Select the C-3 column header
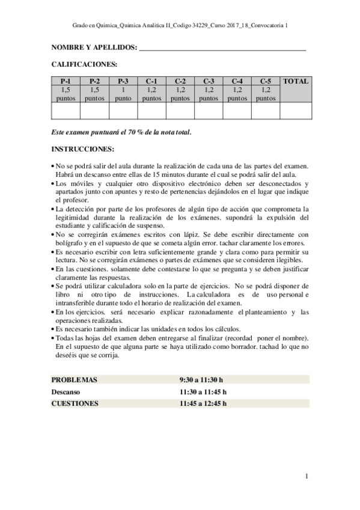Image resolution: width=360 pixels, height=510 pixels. point(209,81)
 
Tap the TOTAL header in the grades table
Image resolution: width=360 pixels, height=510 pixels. point(295,81)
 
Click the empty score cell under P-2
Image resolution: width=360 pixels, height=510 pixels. point(94,111)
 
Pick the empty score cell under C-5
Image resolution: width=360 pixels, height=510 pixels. point(266,111)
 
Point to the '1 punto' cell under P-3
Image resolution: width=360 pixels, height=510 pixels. point(123,93)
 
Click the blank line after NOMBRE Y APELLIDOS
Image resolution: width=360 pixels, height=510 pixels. point(222,48)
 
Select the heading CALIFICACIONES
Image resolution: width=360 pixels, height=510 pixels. point(84,63)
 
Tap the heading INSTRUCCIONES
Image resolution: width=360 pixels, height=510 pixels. point(82,148)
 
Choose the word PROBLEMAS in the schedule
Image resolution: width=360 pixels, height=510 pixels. point(74,380)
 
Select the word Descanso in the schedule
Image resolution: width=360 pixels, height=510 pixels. point(67,392)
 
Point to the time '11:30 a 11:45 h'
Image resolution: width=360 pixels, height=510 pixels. point(203,392)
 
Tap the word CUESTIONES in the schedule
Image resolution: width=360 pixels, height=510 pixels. point(75,404)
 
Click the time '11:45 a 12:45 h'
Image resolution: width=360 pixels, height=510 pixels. point(203,404)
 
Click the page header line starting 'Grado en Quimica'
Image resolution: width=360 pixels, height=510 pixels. point(180,26)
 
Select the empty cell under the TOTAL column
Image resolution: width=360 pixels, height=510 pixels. point(295,111)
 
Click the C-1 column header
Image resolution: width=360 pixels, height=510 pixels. point(151,81)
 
